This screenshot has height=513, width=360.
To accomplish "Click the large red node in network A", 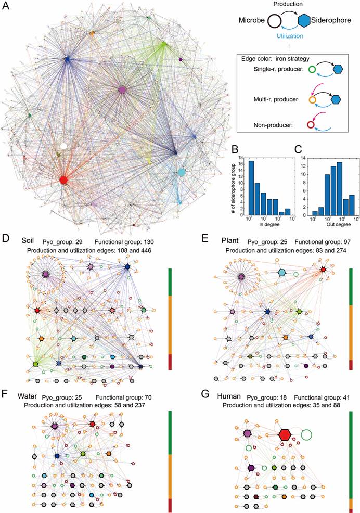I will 63,180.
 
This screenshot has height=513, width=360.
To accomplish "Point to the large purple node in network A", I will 122,91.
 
